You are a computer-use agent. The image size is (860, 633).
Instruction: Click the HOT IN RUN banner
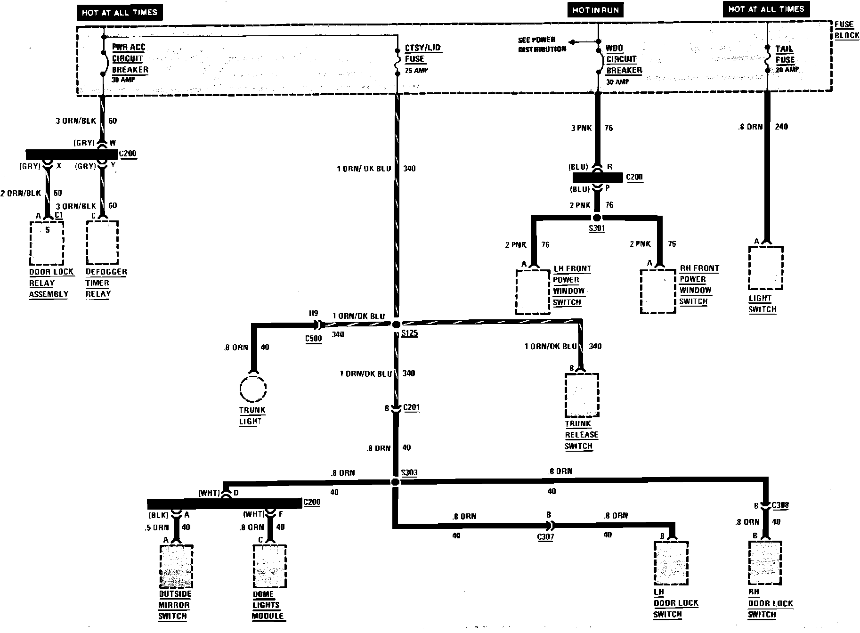tap(595, 10)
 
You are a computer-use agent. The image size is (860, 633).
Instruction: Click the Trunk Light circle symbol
tap(253, 389)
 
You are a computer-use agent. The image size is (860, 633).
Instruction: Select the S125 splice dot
tap(396, 325)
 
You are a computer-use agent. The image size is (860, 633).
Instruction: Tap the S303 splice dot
tap(395, 482)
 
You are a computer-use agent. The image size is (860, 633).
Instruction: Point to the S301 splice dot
tap(597, 218)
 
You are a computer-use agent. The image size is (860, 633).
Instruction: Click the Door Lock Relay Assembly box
tap(47, 243)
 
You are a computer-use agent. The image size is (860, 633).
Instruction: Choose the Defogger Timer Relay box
tap(102, 243)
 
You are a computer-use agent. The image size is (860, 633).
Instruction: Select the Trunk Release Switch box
tap(582, 395)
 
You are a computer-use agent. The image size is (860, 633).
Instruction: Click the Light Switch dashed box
tap(765, 268)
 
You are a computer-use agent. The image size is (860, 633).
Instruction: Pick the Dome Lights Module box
tap(269, 567)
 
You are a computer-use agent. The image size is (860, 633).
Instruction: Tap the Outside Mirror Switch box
tap(176, 567)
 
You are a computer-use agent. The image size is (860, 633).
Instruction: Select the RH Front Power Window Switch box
tap(657, 291)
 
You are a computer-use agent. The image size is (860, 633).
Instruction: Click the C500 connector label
tap(313, 338)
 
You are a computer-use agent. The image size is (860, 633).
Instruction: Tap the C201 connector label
tap(411, 408)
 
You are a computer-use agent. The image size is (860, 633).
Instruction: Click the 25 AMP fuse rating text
tap(416, 71)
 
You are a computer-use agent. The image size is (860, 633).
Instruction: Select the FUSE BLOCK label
tap(846, 30)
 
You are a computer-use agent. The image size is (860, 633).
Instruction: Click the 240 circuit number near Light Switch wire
tap(781, 126)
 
